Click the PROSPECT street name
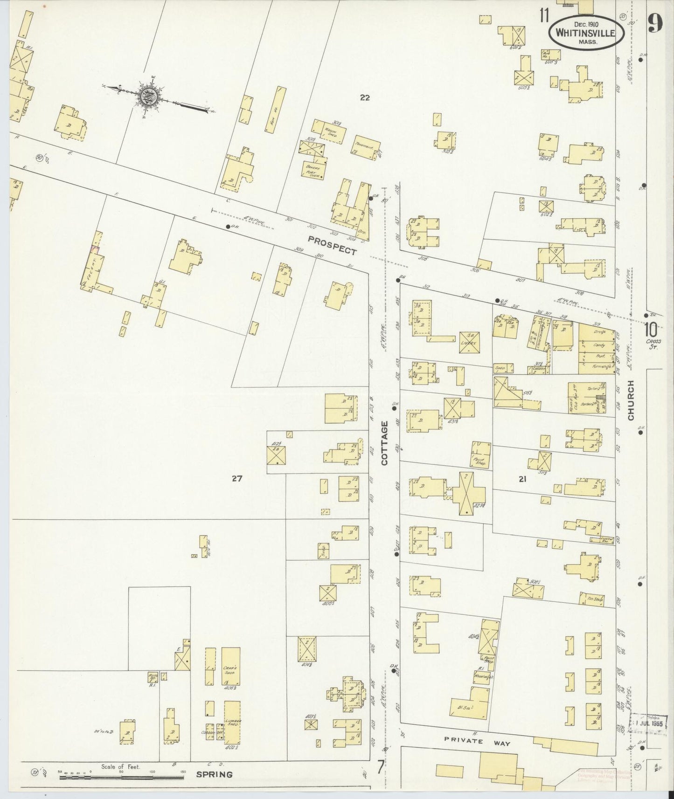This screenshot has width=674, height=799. point(332,245)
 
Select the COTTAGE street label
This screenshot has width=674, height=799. point(385,443)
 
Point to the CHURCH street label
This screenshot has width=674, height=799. point(631,400)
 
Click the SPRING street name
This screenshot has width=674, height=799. point(214,775)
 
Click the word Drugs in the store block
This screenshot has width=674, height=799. point(600,332)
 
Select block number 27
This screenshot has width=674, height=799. point(237,478)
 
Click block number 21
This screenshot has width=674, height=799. point(522,478)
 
